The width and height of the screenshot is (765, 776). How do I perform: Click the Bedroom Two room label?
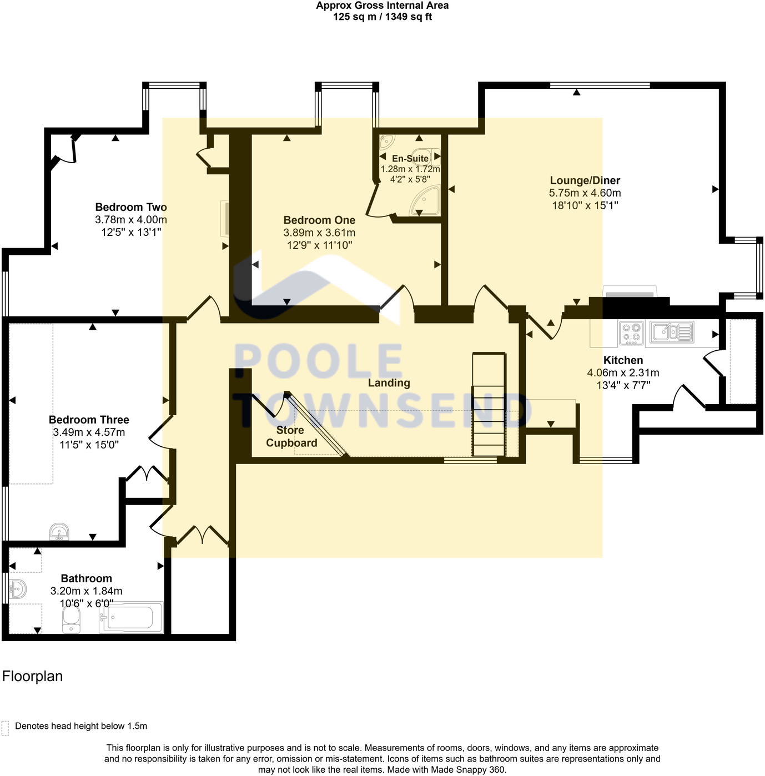tap(131, 207)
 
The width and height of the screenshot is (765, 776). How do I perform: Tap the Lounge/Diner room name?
tap(585, 180)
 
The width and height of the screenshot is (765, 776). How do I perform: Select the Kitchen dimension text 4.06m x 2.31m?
tap(623, 373)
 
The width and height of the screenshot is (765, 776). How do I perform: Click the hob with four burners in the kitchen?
tap(631, 332)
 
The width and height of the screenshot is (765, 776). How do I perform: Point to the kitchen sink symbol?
tap(672, 332)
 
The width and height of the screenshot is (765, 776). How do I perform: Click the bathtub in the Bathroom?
tap(132, 617)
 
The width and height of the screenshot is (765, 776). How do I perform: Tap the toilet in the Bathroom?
tap(71, 620)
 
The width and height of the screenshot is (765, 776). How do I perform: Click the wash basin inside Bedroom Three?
tap(59, 531)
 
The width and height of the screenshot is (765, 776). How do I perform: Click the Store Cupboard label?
tap(291, 436)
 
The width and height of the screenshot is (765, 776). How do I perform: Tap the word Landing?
tap(389, 382)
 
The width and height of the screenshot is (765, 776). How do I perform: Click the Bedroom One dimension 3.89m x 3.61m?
tap(319, 233)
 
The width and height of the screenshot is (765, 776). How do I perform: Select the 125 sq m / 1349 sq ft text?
tap(382, 17)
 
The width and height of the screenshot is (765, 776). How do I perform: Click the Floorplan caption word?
tap(32, 676)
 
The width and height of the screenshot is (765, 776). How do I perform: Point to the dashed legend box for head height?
tap(6, 728)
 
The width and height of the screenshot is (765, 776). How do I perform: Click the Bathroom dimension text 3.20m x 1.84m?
tap(86, 591)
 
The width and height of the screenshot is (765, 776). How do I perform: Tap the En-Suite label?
tap(410, 158)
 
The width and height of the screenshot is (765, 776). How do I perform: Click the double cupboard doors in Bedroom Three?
tap(147, 474)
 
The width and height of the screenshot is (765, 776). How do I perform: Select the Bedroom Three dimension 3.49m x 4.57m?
tap(89, 432)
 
